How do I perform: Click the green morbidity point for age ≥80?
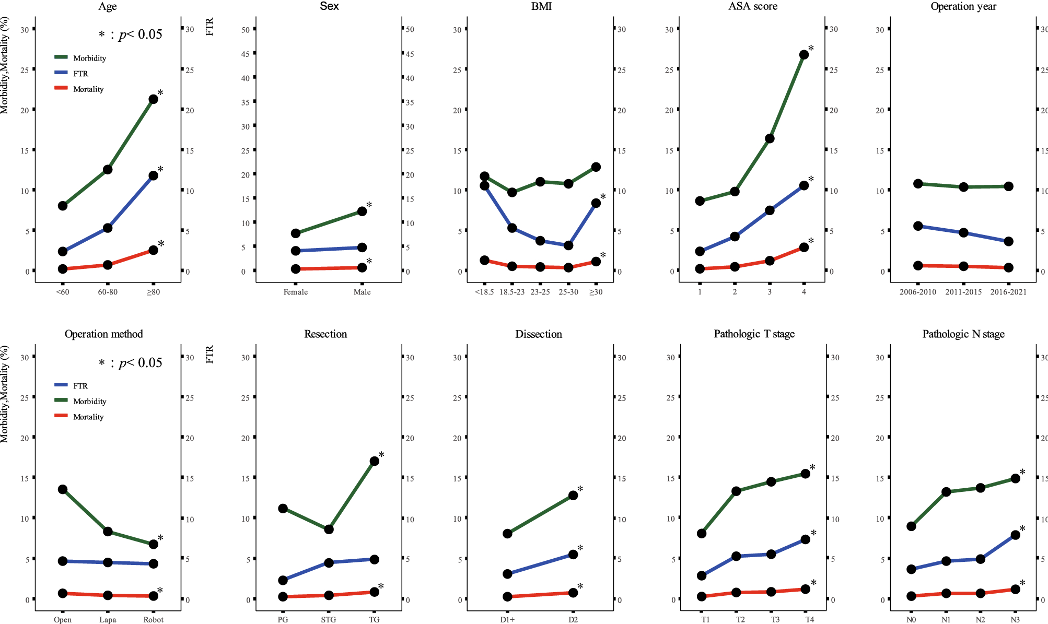[x=153, y=99]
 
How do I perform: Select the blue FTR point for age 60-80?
[x=108, y=228]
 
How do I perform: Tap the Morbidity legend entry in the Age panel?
[x=89, y=58]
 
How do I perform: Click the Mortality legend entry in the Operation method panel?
[x=88, y=417]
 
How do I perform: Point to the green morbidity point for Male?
[x=362, y=211]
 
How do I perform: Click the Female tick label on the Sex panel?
[x=295, y=292]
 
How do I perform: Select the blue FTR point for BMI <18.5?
[x=484, y=185]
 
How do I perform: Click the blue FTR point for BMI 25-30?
[x=568, y=245]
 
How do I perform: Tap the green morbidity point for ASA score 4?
[x=804, y=55]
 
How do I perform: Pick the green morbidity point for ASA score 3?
[x=770, y=138]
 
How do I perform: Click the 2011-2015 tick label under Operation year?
[x=963, y=292]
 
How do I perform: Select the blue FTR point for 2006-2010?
[x=918, y=226]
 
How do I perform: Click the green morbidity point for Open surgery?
[x=63, y=489]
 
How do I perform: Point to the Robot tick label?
[x=153, y=619]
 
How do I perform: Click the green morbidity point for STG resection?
[x=329, y=529]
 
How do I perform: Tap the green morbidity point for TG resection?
[x=374, y=461]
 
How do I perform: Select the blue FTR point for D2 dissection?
[x=573, y=555]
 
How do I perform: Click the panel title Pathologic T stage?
[x=754, y=334]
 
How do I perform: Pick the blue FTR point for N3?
[x=1015, y=535]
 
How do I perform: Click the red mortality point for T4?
[x=805, y=589]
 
